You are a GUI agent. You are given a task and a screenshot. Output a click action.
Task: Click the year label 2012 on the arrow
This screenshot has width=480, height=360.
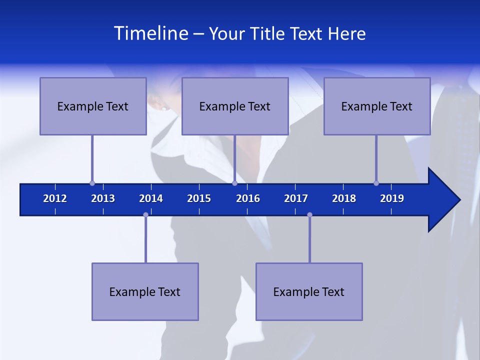click(55, 198)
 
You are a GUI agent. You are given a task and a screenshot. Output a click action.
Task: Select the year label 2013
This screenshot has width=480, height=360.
click(103, 198)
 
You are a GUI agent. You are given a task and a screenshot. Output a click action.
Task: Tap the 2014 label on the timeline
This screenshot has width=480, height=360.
click(151, 198)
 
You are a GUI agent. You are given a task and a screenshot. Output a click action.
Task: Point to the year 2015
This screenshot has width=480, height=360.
click(199, 198)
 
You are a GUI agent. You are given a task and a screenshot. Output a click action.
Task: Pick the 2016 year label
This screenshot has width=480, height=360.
click(248, 198)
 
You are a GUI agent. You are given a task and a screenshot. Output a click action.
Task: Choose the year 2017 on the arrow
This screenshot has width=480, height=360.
click(296, 198)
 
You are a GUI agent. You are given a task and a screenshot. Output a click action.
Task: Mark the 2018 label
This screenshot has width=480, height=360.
click(344, 198)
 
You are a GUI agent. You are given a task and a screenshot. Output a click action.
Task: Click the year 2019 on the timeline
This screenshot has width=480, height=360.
click(392, 198)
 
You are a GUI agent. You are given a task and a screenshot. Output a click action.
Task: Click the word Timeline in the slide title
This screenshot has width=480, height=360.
click(150, 33)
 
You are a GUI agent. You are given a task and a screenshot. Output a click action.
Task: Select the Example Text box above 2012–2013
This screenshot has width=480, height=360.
click(93, 106)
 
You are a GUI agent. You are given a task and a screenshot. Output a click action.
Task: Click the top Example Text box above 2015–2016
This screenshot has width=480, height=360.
click(235, 106)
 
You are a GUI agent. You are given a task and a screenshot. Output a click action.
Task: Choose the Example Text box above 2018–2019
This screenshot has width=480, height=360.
click(377, 106)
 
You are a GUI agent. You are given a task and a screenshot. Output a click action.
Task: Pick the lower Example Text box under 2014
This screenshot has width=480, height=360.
click(145, 291)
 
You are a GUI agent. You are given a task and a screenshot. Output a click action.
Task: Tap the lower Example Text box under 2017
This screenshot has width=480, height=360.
click(309, 291)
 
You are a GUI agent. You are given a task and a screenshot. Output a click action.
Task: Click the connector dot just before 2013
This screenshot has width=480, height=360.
click(92, 183)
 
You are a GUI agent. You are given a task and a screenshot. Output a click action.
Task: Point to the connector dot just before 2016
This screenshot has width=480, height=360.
click(234, 183)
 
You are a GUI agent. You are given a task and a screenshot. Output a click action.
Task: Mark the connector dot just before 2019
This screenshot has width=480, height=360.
click(376, 183)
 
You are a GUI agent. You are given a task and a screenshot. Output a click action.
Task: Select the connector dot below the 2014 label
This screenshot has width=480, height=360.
click(145, 215)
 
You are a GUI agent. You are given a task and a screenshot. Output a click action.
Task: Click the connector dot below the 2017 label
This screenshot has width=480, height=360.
click(309, 215)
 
